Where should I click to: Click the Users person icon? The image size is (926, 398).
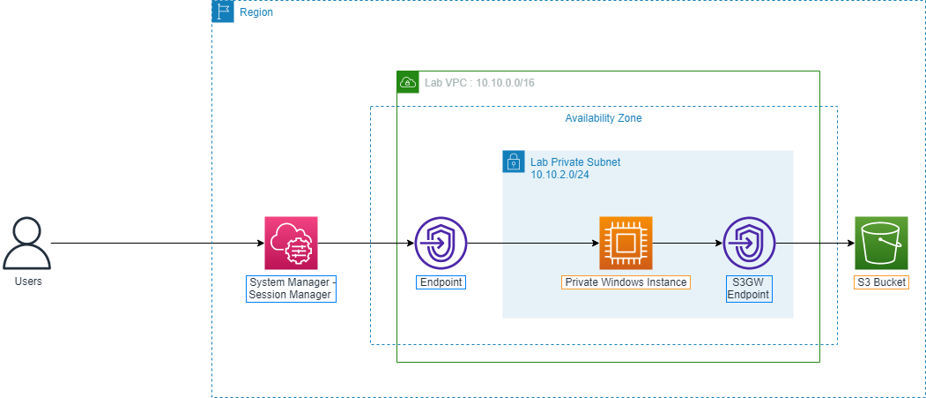(x=26, y=244)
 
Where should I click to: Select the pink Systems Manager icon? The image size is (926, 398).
(x=291, y=243)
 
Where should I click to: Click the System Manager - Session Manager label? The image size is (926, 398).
(x=291, y=289)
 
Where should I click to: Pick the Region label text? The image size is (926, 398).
(x=256, y=13)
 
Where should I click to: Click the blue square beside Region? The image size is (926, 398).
(x=224, y=11)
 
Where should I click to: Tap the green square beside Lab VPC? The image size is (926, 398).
(x=408, y=82)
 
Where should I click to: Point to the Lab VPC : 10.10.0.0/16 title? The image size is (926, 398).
(x=480, y=82)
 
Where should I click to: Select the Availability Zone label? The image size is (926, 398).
(x=604, y=118)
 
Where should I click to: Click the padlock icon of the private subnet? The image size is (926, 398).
(x=513, y=161)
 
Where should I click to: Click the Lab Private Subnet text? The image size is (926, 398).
(x=575, y=162)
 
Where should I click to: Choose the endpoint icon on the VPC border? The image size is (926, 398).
(x=441, y=243)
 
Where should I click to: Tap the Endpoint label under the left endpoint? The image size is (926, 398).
(x=441, y=282)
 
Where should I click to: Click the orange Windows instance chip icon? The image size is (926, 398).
(x=626, y=243)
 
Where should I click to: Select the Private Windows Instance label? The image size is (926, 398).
(x=626, y=282)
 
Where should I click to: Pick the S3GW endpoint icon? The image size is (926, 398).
(x=749, y=243)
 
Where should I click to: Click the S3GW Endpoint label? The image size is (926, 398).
(x=749, y=289)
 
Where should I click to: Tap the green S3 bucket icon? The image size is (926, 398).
(x=881, y=243)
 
